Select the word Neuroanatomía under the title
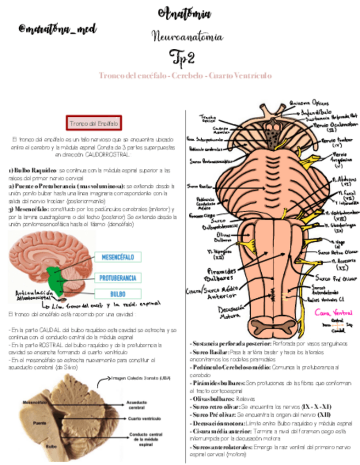point(186,37)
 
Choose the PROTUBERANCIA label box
point(119,277)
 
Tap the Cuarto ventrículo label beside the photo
point(144,419)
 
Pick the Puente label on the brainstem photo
point(40,423)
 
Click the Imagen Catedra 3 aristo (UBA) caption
point(141,378)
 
